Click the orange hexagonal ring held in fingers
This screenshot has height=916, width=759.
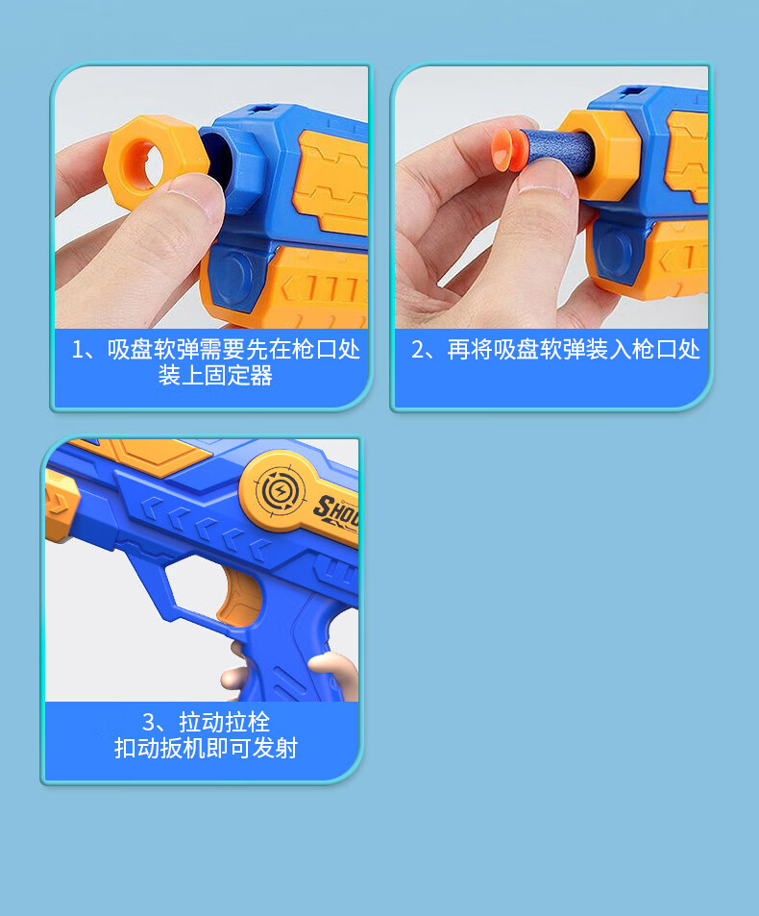pyautogui.click(x=155, y=158)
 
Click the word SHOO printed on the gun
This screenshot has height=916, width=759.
pyautogui.click(x=336, y=509)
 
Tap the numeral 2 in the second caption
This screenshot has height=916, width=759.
pyautogui.click(x=418, y=349)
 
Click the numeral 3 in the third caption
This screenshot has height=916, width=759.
pyautogui.click(x=149, y=721)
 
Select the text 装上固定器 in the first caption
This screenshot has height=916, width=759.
pyautogui.click(x=215, y=376)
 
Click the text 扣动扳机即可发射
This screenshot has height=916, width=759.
pyautogui.click(x=206, y=748)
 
